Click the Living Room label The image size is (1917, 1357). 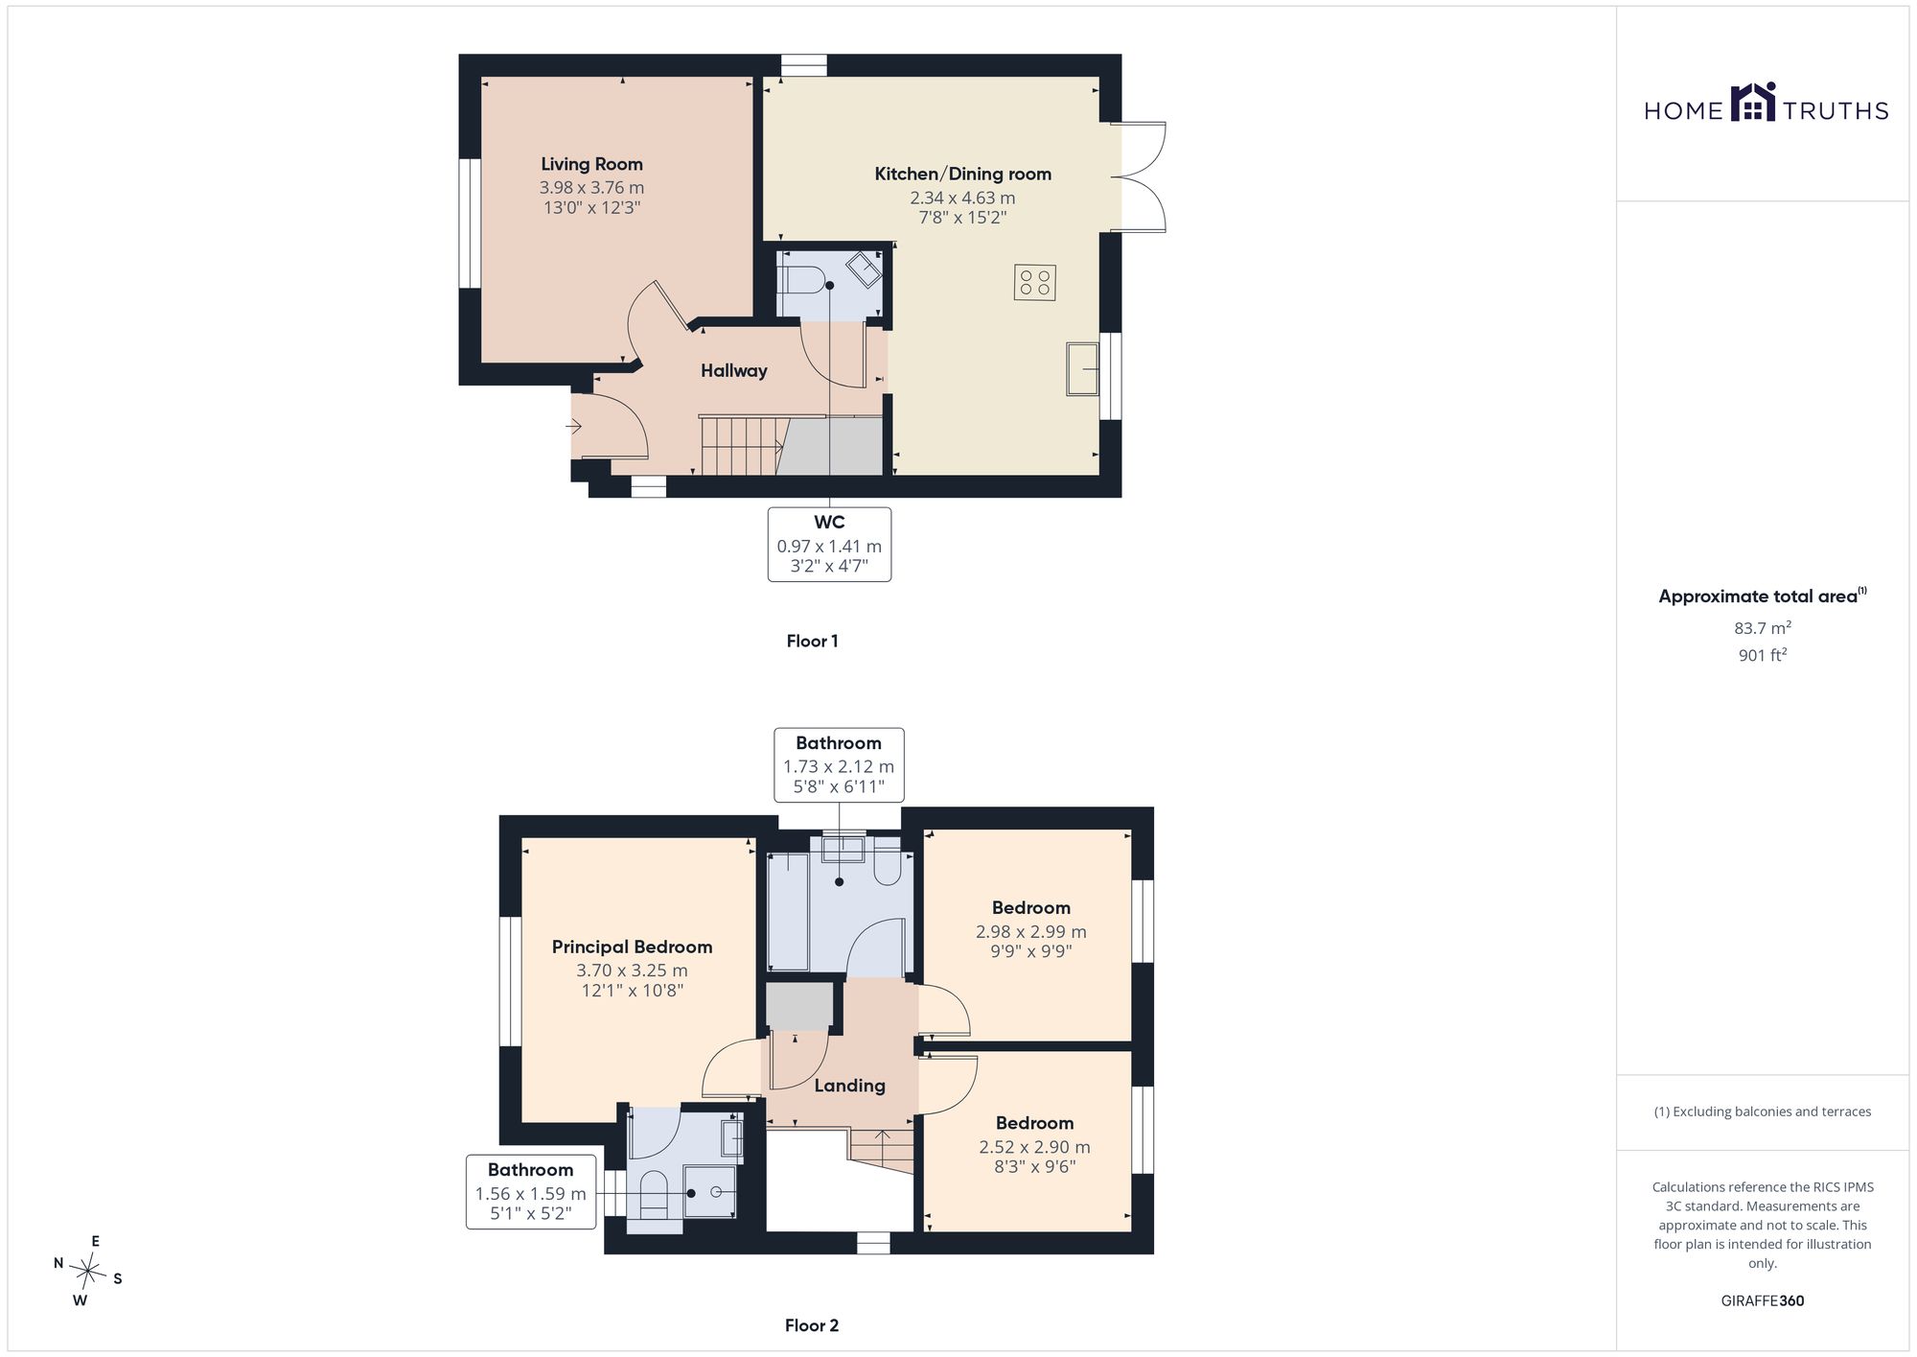591,164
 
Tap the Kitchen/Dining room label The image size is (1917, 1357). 962,174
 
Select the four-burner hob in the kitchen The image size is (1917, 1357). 1034,282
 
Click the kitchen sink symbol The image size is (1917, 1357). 1083,368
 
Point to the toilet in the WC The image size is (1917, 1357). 802,280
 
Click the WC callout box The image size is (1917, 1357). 829,545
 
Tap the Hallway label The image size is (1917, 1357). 733,371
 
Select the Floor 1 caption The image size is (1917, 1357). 812,642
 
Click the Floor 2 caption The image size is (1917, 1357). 812,1325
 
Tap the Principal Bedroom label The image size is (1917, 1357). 632,947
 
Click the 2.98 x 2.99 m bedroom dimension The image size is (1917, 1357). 1030,931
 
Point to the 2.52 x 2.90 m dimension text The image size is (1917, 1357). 1034,1147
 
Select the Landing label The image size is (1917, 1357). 849,1086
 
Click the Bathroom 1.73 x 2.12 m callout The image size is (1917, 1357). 839,764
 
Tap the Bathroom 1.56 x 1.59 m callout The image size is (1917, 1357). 531,1192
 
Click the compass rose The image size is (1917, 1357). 88,1272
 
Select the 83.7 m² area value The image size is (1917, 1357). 1762,628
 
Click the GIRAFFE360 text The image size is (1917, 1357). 1762,1301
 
